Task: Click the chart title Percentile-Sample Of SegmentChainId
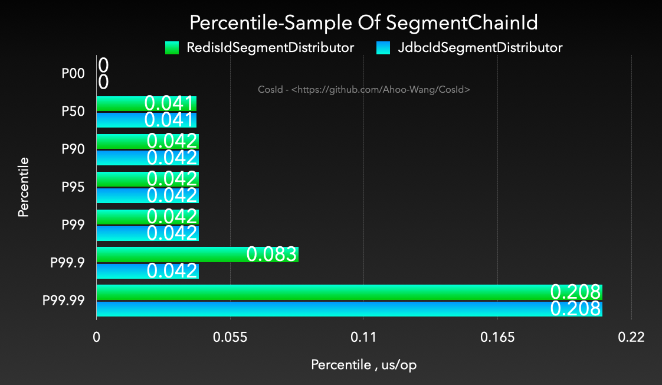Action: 363,22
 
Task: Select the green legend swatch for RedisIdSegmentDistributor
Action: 172,48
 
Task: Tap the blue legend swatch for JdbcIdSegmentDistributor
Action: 383,48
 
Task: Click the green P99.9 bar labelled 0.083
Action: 197,255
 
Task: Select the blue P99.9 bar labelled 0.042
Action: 148,271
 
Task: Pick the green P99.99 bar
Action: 349,292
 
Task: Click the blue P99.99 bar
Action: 349,309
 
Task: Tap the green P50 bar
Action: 146,103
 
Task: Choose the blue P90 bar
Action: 148,158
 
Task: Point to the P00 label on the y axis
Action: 73,74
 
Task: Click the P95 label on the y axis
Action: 73,187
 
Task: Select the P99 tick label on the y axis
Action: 73,225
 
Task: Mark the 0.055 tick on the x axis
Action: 230,338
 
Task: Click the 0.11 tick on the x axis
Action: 363,338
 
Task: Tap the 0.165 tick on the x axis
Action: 497,338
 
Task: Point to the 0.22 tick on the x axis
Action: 631,338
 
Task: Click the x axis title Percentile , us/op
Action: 363,365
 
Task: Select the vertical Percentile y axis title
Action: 24,187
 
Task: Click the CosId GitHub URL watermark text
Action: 363,90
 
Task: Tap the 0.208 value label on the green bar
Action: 575,292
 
